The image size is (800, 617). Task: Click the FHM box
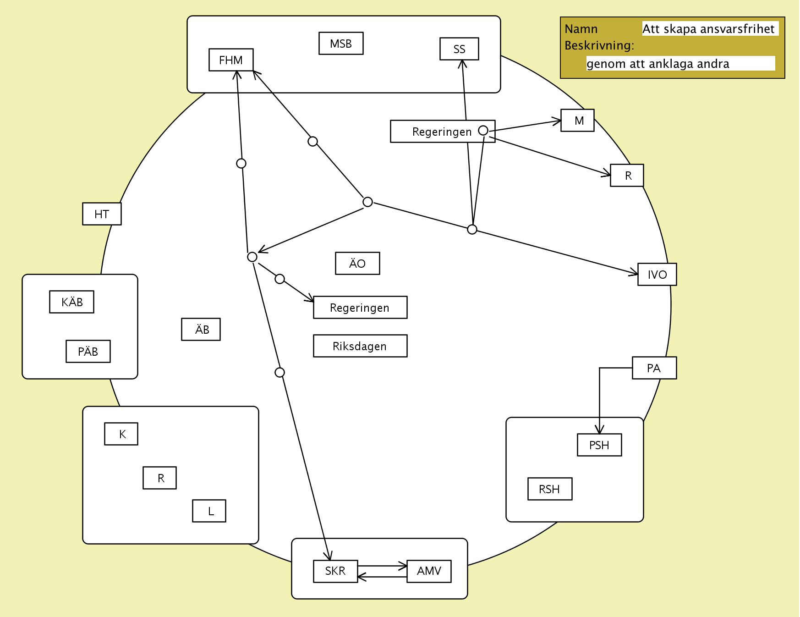pyautogui.click(x=231, y=60)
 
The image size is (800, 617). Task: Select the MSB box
pyautogui.click(x=341, y=44)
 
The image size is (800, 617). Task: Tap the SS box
pyautogui.click(x=459, y=49)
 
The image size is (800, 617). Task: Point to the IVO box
pyautogui.click(x=657, y=275)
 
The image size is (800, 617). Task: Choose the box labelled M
pyautogui.click(x=577, y=121)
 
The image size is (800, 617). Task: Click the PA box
pyautogui.click(x=654, y=368)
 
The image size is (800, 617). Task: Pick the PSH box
pyautogui.click(x=599, y=445)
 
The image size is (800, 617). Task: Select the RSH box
pyautogui.click(x=550, y=489)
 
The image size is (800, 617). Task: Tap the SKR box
pyautogui.click(x=335, y=571)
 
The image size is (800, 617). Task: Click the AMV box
pyautogui.click(x=429, y=571)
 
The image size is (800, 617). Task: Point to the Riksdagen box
pyautogui.click(x=360, y=346)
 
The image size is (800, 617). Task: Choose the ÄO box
pyautogui.click(x=357, y=264)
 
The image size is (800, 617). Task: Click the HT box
pyautogui.click(x=102, y=214)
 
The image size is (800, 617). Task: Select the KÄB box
pyautogui.click(x=72, y=302)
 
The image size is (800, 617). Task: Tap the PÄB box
pyautogui.click(x=88, y=352)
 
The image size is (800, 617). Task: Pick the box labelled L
pyautogui.click(x=209, y=511)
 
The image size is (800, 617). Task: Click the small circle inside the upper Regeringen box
pyautogui.click(x=483, y=131)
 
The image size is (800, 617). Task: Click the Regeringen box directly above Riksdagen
pyautogui.click(x=360, y=308)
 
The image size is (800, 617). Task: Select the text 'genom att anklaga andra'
pyautogui.click(x=658, y=64)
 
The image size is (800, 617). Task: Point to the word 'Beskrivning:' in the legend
pyautogui.click(x=599, y=45)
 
